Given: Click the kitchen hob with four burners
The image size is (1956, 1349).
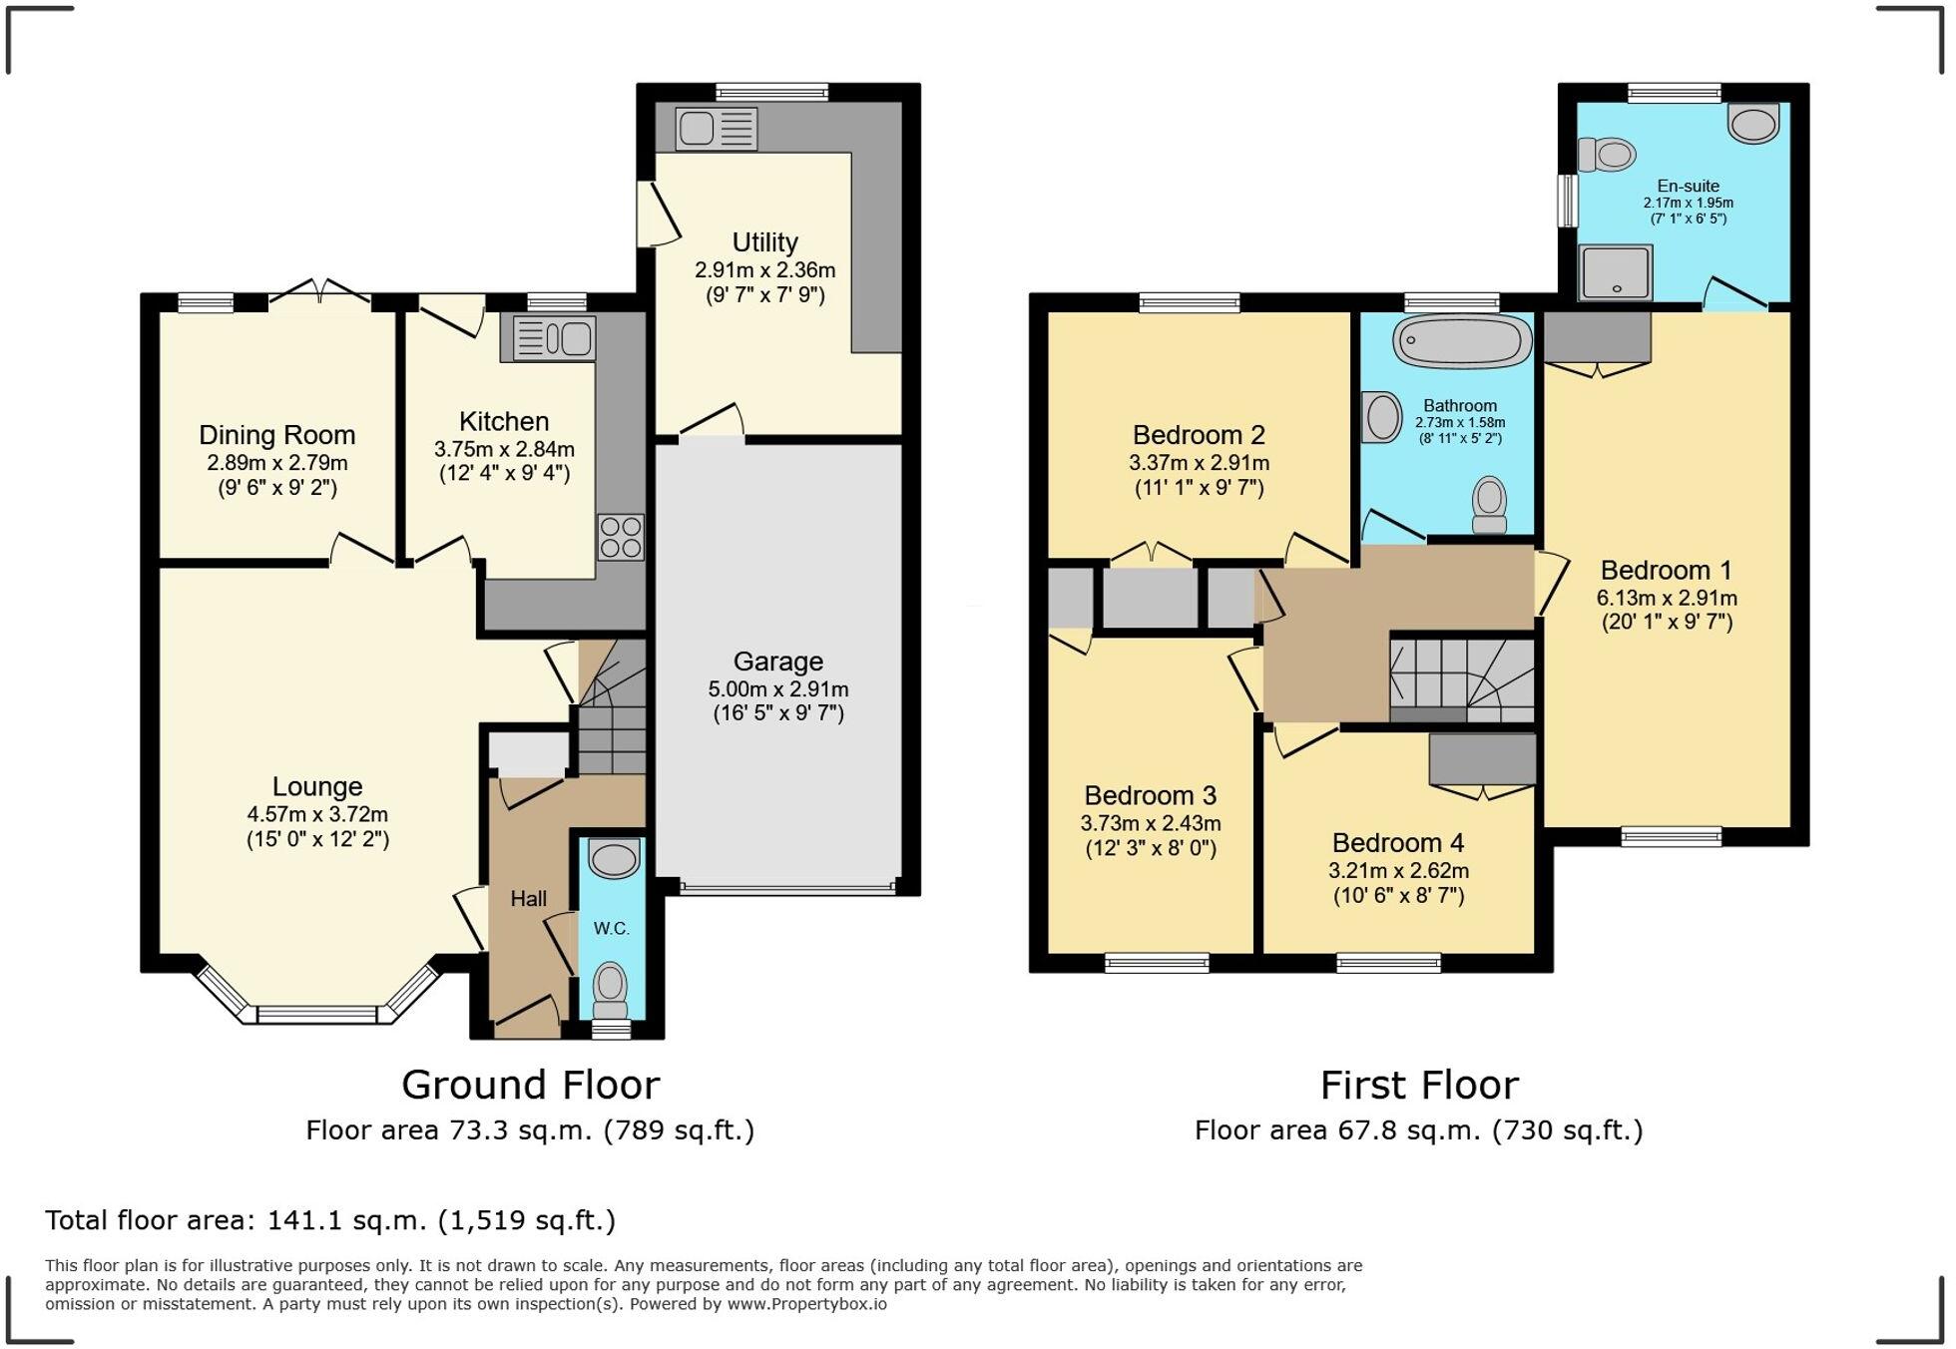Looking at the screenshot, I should [621, 537].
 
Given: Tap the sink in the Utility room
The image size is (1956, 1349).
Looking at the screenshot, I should [716, 129].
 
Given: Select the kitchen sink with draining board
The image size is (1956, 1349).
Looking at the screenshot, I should [553, 338].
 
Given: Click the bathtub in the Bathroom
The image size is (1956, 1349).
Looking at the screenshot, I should [1462, 342].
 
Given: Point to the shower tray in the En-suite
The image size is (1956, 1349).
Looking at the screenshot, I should [1614, 272].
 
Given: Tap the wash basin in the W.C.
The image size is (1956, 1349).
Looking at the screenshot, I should [613, 858].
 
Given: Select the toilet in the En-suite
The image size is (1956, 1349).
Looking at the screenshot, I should [1607, 155].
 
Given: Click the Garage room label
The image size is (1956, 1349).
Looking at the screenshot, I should [777, 662].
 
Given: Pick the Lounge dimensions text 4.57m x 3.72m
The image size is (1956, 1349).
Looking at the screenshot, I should [317, 814].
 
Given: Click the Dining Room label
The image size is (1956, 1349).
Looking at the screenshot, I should [276, 435].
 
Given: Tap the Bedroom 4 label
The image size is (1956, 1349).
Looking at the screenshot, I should [1397, 843].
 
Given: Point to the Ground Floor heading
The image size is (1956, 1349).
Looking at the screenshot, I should [530, 1085].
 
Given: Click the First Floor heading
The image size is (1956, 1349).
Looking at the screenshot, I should [1418, 1085].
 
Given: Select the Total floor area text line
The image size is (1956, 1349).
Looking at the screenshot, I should [330, 1220].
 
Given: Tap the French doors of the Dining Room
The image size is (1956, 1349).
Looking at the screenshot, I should [320, 294].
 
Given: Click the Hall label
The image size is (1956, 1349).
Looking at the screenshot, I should [528, 899].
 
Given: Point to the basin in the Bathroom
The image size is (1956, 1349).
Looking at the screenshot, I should [1382, 417].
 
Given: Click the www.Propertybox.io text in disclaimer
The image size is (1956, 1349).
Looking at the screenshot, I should [806, 1304].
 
